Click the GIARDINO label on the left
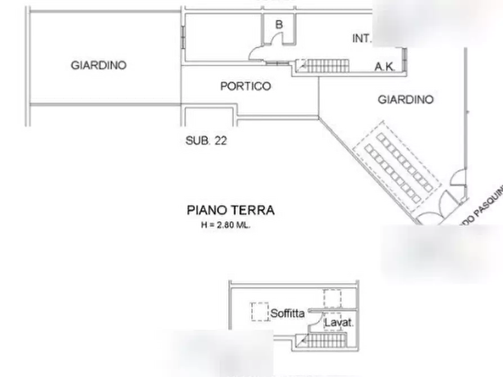pos(99,65)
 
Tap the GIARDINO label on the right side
pos(406,100)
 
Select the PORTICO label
pos(246,87)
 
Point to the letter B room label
pos(279,25)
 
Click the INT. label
pos(361,39)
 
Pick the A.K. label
pos(387,66)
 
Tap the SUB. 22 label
pos(206,141)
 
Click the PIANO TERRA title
pos(226,210)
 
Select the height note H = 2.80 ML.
pos(225,225)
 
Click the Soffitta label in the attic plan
pos(287,313)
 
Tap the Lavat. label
pos(339,323)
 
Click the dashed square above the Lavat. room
pos(332,297)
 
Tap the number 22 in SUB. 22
pos(221,141)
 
